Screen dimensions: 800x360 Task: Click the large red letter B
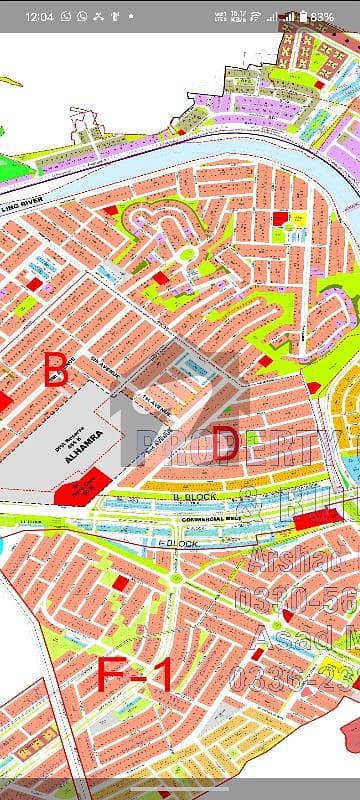point(56,370)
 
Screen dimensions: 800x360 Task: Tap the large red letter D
point(225,447)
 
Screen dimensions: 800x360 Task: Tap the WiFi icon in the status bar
point(256,17)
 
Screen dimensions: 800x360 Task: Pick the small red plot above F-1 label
point(121,582)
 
